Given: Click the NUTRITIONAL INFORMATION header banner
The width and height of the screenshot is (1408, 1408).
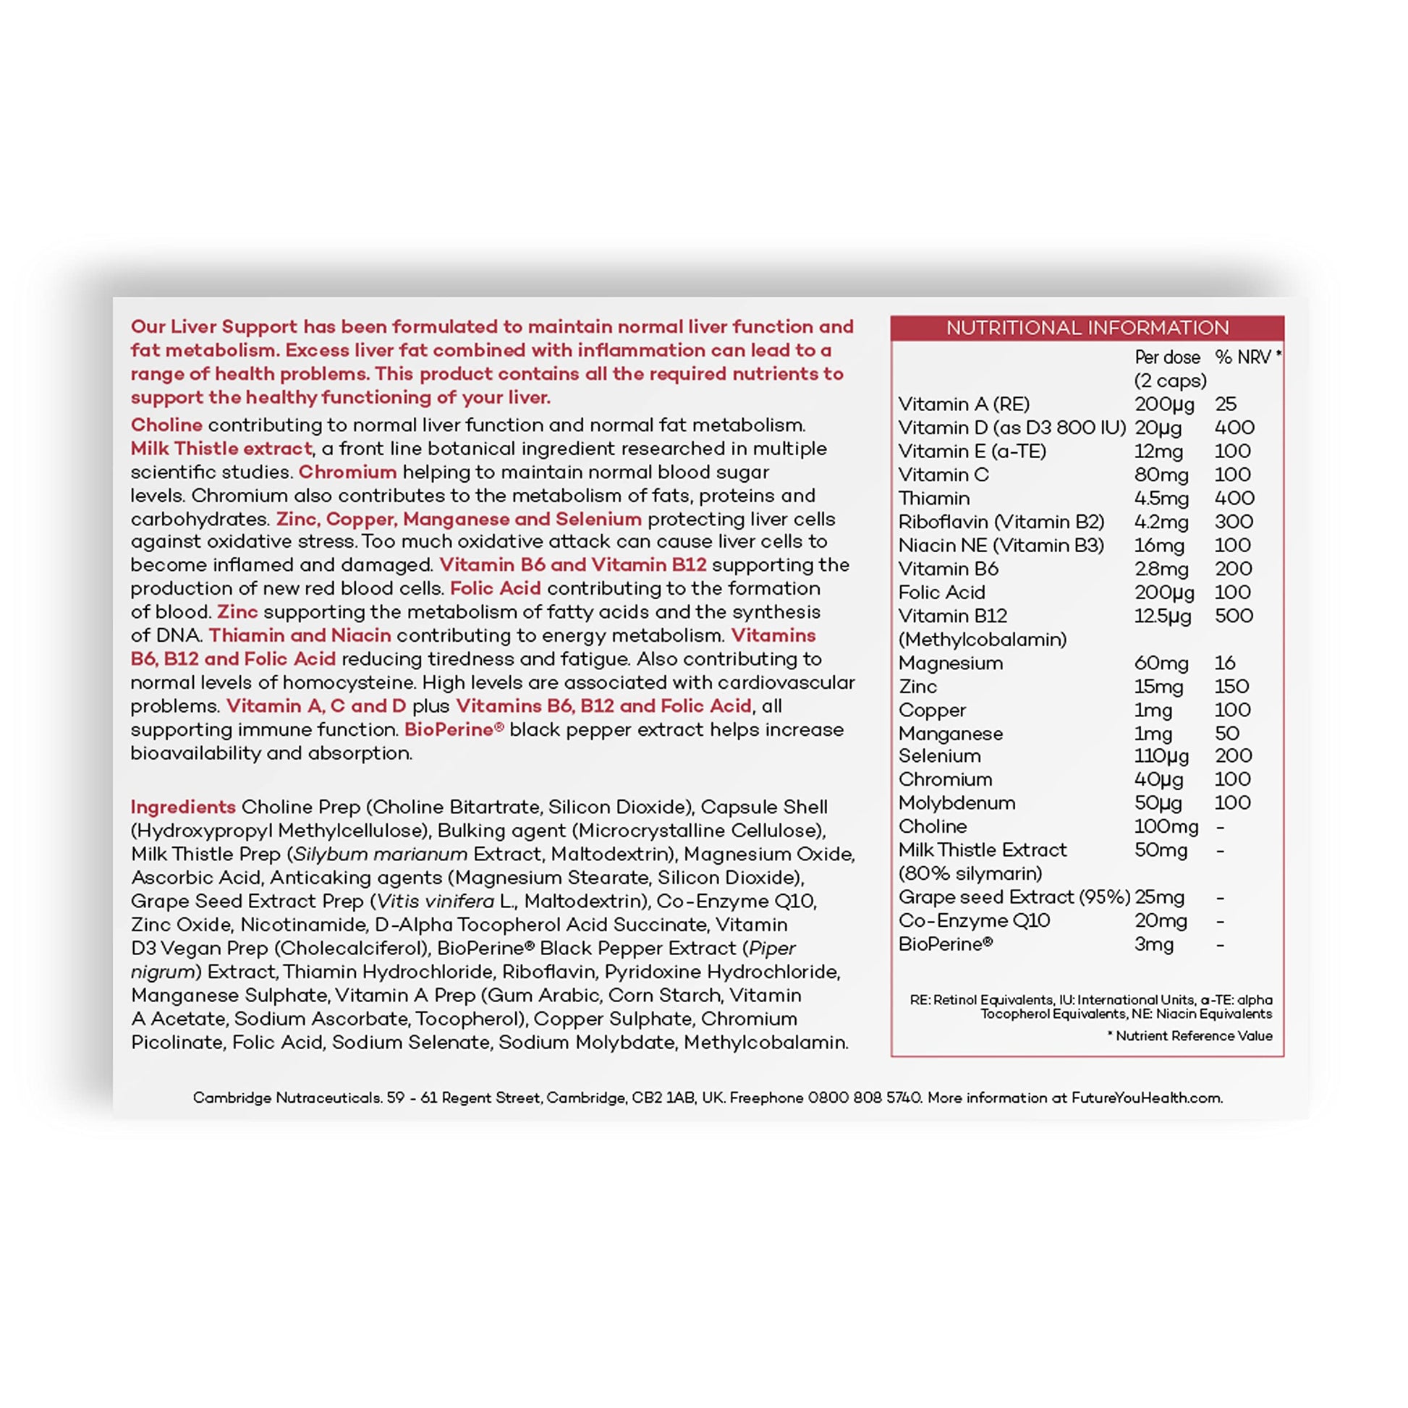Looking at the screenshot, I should pos(1087,328).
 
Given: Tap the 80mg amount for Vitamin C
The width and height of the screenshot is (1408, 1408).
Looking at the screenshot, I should pos(1161,475).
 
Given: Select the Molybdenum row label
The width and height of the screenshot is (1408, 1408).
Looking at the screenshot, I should pos(957,803).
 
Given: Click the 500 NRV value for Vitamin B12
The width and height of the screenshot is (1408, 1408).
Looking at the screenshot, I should pos(1234,616).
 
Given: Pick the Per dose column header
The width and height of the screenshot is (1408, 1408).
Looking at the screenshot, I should pos(1167,357).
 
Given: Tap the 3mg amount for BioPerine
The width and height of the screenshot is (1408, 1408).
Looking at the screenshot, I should pos(1153,944).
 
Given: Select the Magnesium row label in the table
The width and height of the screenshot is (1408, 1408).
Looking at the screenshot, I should pos(950,663).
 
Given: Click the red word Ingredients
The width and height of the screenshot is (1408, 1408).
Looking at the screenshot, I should pos(183,807).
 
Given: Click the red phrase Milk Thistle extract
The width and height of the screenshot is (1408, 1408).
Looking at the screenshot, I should pos(221,448).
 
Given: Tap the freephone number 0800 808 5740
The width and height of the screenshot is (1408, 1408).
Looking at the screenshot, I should pos(865,1098).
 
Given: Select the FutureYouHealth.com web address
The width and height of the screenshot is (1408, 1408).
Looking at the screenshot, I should pos(1146,1098).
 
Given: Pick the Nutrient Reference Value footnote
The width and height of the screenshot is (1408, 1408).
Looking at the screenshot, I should pos(1189,1035).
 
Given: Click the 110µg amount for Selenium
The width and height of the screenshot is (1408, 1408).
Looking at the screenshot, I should pos(1161,757).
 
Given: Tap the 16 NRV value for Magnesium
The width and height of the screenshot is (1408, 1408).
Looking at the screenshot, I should pos(1224,663).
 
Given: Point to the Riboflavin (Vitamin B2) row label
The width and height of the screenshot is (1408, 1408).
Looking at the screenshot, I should pos(1001,522).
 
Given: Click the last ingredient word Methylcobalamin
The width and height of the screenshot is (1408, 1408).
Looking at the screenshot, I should pos(766,1042).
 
